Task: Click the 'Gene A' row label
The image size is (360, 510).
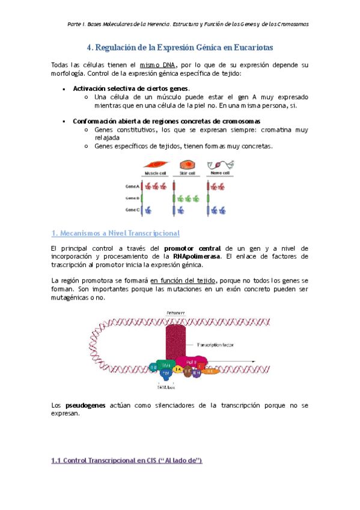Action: pos(133,186)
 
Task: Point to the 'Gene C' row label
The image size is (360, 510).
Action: pos(133,210)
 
